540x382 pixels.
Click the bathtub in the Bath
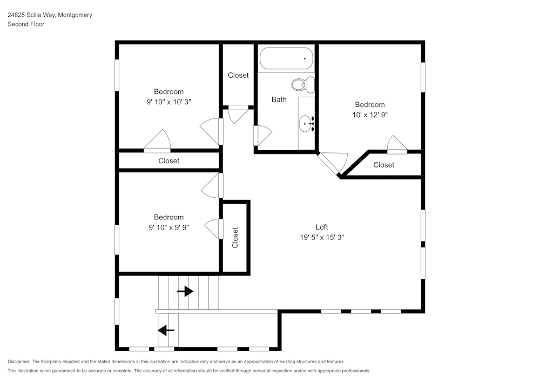pos(286,59)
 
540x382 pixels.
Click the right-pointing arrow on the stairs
pos(185,292)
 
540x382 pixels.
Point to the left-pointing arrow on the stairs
pos(166,330)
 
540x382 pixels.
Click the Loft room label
pos(322,227)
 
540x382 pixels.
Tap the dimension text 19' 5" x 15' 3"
pos(322,237)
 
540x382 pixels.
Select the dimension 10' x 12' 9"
pos(369,115)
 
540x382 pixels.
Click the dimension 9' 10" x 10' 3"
pos(168,102)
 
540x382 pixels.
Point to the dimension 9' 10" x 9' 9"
pos(168,227)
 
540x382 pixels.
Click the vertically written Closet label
pos(235,238)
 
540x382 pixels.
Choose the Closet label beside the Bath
pos(238,75)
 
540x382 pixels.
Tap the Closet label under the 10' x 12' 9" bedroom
pos(383,165)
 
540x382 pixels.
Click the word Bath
pos(279,99)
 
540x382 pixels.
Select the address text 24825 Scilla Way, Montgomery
pos(50,15)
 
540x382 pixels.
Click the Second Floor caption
pos(26,24)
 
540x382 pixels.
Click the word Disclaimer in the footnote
pos(19,361)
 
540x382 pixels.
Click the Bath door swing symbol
pos(263,135)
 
